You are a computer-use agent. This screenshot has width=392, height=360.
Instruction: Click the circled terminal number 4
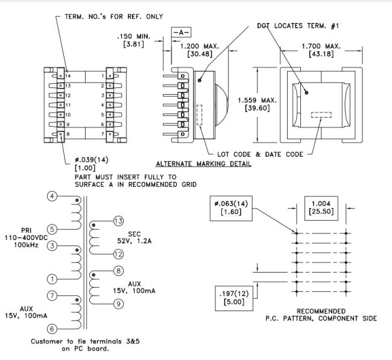(52, 197)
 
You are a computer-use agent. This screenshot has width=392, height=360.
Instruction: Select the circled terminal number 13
(118, 221)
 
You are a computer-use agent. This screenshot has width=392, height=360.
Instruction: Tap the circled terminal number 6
(52, 329)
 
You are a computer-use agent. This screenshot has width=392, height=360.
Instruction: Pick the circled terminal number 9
(118, 304)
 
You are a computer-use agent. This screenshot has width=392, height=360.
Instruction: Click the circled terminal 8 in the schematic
(118, 271)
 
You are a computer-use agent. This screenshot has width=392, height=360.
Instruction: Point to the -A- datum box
(182, 31)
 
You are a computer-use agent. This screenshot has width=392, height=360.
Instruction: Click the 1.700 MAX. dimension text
(321, 46)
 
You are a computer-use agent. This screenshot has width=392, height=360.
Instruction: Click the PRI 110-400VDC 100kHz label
(25, 238)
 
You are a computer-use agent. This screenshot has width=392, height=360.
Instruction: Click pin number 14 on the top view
(68, 77)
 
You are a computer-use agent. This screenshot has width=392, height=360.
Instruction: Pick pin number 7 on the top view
(103, 133)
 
